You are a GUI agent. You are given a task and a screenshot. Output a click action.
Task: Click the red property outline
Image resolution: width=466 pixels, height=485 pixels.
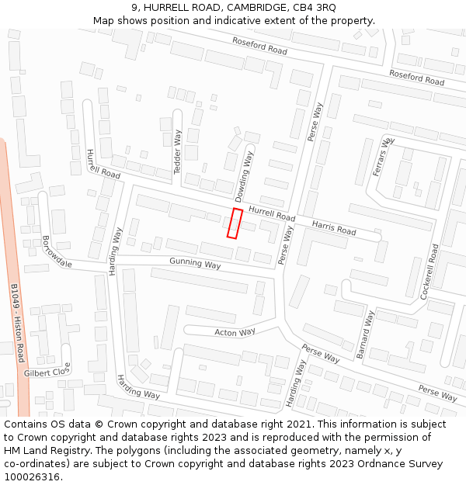pyautogui.click(x=235, y=223)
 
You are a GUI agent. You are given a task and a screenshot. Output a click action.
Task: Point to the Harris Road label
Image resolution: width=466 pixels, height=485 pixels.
pyautogui.click(x=334, y=228)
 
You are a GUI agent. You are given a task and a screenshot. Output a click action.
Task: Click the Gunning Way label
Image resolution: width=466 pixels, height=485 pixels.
pyautogui.click(x=195, y=264)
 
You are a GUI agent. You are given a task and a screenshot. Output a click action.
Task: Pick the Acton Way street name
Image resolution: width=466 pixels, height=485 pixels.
pyautogui.click(x=235, y=332)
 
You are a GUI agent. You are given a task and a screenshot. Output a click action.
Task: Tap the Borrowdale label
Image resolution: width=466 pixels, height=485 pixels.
pyautogui.click(x=57, y=251)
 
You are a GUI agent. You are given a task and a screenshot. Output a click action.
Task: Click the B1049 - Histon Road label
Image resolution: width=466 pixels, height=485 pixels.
pyautogui.click(x=17, y=322)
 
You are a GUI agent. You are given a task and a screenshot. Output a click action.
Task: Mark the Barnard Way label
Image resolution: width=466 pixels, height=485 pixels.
pyautogui.click(x=365, y=334)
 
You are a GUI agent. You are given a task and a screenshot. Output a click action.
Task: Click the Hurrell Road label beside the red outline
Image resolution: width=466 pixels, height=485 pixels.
pyautogui.click(x=272, y=213)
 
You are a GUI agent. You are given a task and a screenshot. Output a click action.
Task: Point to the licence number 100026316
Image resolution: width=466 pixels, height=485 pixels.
pyautogui.click(x=32, y=476)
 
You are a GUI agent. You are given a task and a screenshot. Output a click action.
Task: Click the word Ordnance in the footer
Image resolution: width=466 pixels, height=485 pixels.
pyautogui.click(x=364, y=464)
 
